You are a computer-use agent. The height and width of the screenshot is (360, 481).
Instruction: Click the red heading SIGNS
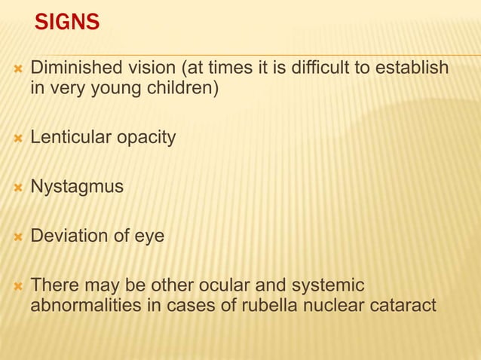67,23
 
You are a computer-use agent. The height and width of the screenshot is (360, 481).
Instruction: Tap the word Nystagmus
77,188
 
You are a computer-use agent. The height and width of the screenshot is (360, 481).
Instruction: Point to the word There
54,285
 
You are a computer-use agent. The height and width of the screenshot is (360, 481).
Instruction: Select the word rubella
259,307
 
